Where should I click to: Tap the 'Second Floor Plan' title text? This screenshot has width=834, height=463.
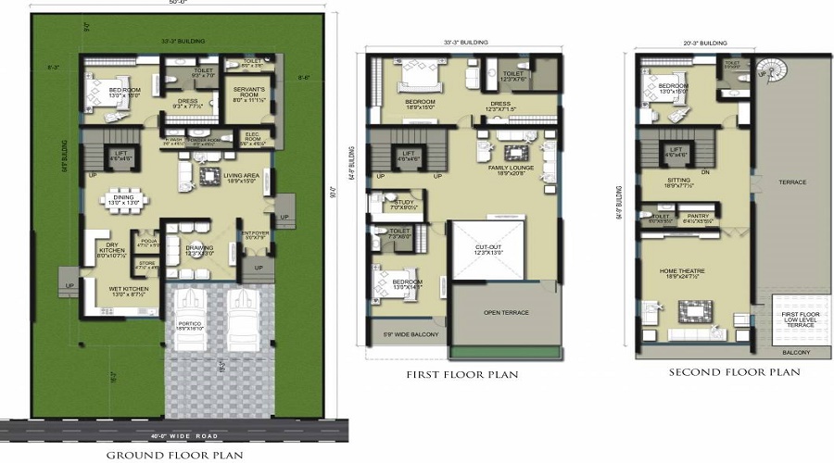click(735, 372)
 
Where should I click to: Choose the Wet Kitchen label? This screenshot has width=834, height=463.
click(120, 290)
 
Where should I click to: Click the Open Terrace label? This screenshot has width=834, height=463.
click(505, 313)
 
